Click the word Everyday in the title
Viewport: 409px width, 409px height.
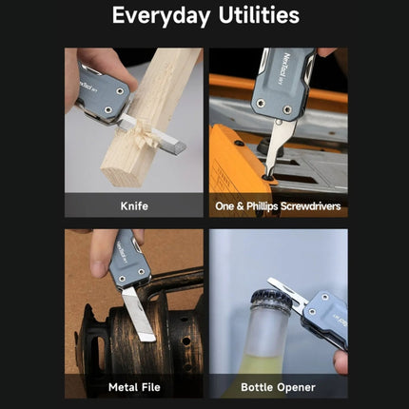[162, 15]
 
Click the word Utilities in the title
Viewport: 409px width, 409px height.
[259, 15]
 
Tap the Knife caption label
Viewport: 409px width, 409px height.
[134, 206]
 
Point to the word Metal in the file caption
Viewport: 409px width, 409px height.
[122, 387]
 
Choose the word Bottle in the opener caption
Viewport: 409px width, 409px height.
[257, 387]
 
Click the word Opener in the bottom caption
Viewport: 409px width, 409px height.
[296, 387]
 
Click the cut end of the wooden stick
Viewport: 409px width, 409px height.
[122, 176]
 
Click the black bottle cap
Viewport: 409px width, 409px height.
[271, 301]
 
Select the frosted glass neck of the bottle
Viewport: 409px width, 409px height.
[269, 330]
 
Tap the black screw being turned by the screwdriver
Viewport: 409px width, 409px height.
[268, 178]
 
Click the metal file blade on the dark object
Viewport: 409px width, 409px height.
[138, 314]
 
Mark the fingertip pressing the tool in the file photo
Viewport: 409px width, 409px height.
[98, 268]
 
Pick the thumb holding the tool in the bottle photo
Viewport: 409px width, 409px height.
[341, 361]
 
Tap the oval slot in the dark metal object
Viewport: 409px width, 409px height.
[100, 352]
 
